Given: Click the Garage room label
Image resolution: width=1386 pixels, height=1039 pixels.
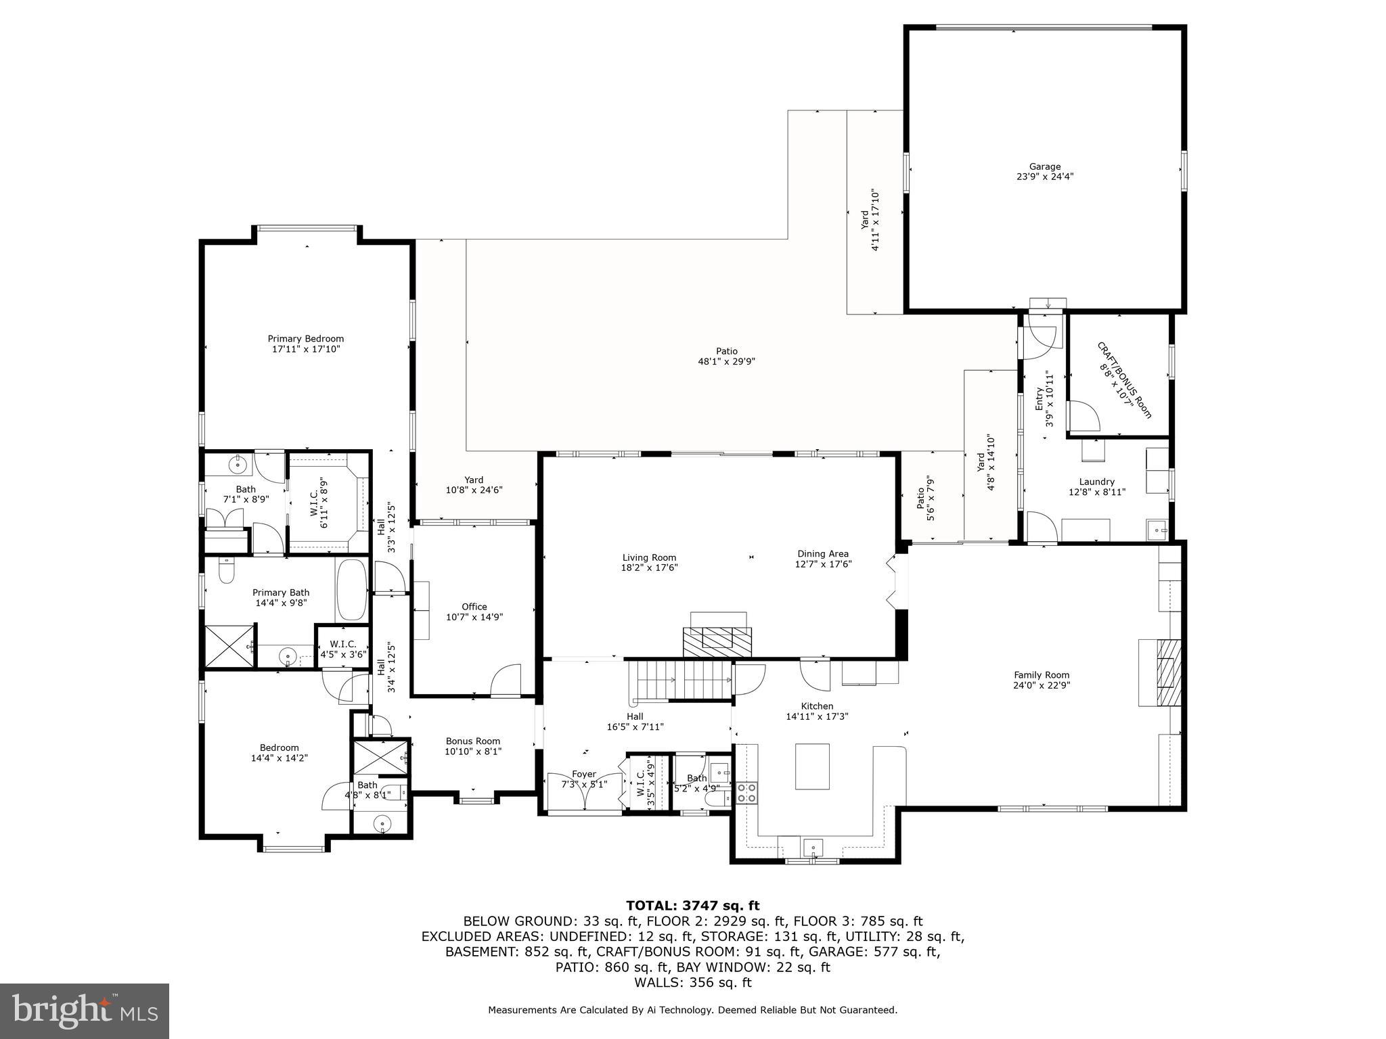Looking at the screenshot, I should [1044, 171].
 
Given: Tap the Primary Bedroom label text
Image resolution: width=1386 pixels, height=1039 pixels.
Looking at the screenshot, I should [305, 344].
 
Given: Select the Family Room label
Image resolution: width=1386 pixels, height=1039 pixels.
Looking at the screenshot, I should [1041, 679].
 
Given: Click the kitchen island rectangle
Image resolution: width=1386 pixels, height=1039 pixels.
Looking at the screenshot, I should [812, 766].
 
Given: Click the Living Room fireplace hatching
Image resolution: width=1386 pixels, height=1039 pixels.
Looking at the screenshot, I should [717, 641].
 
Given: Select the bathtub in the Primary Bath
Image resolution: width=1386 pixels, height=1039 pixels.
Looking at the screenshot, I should [351, 590].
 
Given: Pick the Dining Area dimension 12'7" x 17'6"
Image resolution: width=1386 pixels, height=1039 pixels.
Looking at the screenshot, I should [822, 563].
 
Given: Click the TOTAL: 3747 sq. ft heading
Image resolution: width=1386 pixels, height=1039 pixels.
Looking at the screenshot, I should [692, 905].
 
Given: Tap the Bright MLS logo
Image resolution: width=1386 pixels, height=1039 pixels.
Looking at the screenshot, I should [85, 1011].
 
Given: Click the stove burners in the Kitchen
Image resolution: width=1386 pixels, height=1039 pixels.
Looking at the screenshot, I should [746, 792].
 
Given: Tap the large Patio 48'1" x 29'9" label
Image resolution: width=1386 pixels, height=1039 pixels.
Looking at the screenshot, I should [726, 356].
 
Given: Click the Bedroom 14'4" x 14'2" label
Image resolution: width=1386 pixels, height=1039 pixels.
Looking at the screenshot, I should [279, 752].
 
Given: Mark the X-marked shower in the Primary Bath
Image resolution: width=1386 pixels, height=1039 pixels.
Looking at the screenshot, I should [229, 647].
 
